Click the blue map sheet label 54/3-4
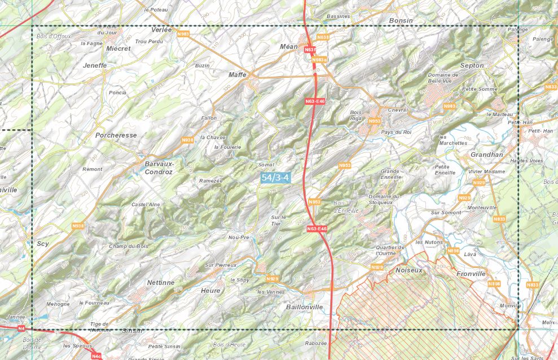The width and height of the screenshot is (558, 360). pos(276,177)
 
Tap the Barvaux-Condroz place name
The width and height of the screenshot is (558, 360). pos(159,168)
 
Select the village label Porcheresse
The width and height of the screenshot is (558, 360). pos(116,135)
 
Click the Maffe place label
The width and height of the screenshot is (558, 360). pos(238,74)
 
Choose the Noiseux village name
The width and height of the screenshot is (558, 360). pos(409,270)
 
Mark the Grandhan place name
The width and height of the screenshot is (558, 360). pos(486,154)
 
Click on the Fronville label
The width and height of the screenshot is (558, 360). pos(471,274)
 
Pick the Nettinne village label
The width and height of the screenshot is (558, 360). pos(160,282)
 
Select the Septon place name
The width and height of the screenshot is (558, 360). pos(472,65)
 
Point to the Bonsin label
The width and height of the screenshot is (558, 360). pos(401,20)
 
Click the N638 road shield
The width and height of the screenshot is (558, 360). pos(323,37)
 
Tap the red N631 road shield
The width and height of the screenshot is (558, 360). pos(309,50)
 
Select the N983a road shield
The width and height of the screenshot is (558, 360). pos(319,59)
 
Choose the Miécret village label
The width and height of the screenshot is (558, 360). pos(118,49)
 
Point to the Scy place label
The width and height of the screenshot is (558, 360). pos(43,244)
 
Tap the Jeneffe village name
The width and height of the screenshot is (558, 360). pos(94,65)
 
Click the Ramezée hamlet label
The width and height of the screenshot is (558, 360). pos(211,181)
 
